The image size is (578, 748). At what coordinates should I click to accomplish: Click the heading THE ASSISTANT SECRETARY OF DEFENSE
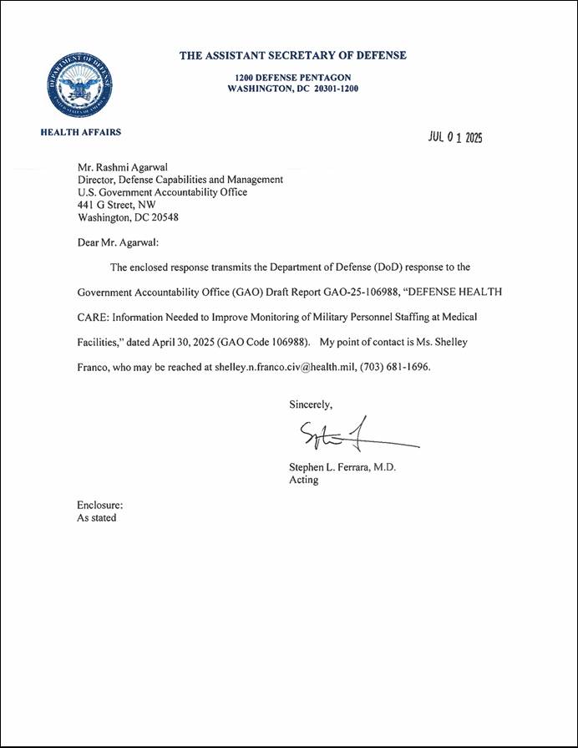(293, 56)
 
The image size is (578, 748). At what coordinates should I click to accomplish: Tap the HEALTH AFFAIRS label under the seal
(80, 132)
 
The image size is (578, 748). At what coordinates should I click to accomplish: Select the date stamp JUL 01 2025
(455, 137)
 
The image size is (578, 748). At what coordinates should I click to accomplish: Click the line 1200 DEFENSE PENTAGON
(293, 77)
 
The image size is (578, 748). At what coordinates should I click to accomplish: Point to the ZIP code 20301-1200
(336, 88)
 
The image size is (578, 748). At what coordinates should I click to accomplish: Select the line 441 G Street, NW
(116, 205)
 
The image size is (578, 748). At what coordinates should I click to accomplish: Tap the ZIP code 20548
(164, 217)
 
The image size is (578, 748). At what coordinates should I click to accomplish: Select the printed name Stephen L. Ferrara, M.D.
(342, 467)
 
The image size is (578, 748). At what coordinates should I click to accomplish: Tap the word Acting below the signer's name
(303, 481)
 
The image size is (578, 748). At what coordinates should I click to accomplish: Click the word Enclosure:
(100, 505)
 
